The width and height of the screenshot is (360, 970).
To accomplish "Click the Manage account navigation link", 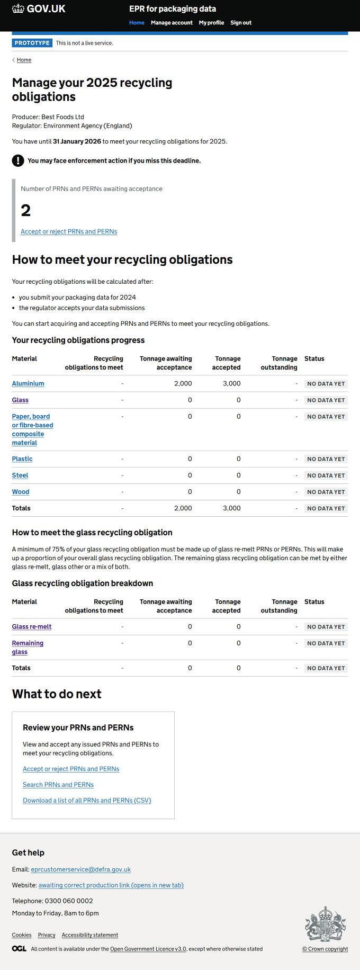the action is [x=172, y=23].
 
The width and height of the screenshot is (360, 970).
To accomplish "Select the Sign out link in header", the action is [x=241, y=23].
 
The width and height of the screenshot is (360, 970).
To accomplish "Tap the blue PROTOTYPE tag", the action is [x=32, y=43].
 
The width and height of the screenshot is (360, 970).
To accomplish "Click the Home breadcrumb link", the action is [x=24, y=60].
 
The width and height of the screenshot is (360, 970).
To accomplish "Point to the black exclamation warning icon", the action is [x=18, y=160].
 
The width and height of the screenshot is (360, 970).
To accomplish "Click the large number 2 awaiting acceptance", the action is [x=26, y=211].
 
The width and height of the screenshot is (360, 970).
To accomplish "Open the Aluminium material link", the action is [x=28, y=383].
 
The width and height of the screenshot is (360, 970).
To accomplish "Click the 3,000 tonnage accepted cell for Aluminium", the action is [x=232, y=383].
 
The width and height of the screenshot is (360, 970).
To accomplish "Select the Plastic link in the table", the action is [x=22, y=459].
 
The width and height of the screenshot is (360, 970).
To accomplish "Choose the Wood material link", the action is [x=21, y=492].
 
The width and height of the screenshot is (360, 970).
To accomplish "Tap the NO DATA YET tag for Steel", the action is [x=326, y=475].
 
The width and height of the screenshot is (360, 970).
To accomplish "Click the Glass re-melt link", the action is [x=32, y=627].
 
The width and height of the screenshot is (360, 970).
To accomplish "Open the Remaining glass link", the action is [x=28, y=648].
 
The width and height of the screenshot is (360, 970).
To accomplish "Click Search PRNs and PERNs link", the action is [x=58, y=785].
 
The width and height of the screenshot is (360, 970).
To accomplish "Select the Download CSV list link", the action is [x=87, y=801].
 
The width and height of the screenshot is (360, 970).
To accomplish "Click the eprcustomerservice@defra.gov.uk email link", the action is [x=81, y=869].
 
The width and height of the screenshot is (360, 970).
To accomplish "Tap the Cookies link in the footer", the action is [x=22, y=935].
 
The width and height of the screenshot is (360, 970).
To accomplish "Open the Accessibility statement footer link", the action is [x=90, y=935].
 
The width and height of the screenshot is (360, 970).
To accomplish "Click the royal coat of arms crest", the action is [x=326, y=924].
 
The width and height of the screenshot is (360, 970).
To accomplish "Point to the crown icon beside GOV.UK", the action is [x=18, y=8].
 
